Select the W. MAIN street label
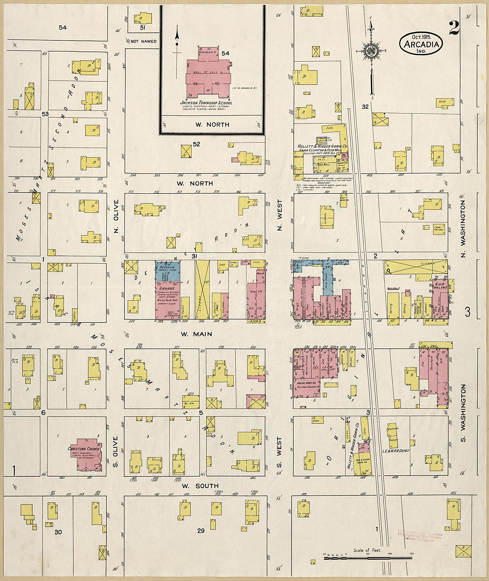(x=196, y=334)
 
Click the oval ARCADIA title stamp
(x=421, y=43)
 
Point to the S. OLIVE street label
(x=116, y=452)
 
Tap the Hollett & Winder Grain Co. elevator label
(x=322, y=146)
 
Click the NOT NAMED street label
(x=144, y=41)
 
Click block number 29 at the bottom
(x=201, y=531)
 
